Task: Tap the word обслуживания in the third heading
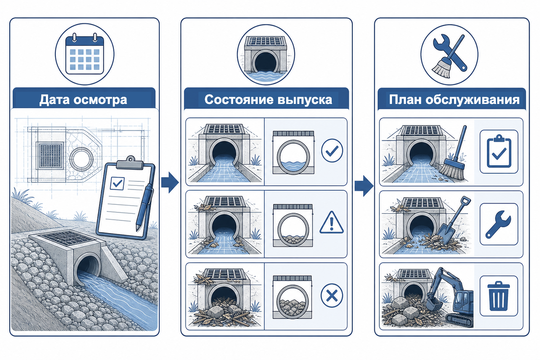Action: pos(472,99)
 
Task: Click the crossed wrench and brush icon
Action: pos(450,56)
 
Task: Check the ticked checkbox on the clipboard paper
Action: pos(117,184)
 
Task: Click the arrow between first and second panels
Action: pos(170,182)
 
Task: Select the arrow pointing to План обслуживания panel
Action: pos(364,186)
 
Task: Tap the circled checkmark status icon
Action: pos(332,150)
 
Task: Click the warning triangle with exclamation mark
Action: pos(332,223)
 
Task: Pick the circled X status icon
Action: pos(332,295)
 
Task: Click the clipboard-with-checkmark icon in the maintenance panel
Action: pos(499,151)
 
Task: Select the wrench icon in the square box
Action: pos(498,224)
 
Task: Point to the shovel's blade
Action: pos(445,235)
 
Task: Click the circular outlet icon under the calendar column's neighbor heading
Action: pos(265,54)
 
